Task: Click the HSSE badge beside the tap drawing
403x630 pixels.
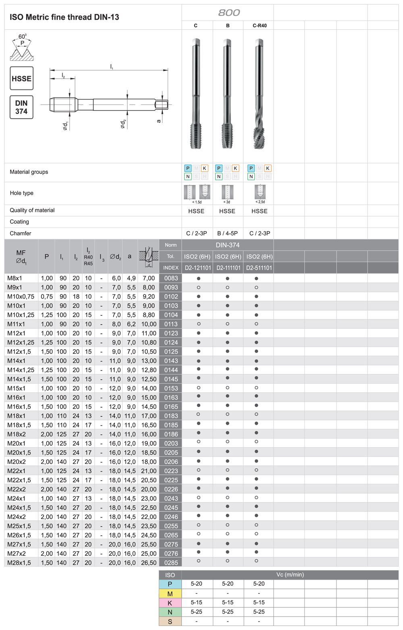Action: (x=21, y=78)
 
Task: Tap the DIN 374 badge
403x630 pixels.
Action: (x=21, y=107)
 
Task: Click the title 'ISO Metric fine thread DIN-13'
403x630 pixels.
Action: (x=64, y=17)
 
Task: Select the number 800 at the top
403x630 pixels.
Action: (x=229, y=13)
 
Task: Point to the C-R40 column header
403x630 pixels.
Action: (x=260, y=25)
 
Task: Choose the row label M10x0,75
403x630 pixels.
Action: (x=21, y=296)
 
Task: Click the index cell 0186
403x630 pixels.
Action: (x=171, y=434)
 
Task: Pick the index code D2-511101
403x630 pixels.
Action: (x=259, y=268)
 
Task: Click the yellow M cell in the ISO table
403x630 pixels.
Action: (x=170, y=593)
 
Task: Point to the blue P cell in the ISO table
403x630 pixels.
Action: (x=170, y=584)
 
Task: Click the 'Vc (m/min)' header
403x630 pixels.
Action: (x=290, y=574)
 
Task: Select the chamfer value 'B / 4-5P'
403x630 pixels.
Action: (x=227, y=233)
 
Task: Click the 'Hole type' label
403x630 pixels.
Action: (x=22, y=193)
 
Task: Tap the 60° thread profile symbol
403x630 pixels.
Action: (x=22, y=48)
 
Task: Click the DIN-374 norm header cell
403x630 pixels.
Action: (x=228, y=245)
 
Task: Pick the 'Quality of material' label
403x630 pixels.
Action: (x=32, y=210)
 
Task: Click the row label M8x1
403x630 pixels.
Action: (x=15, y=278)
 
